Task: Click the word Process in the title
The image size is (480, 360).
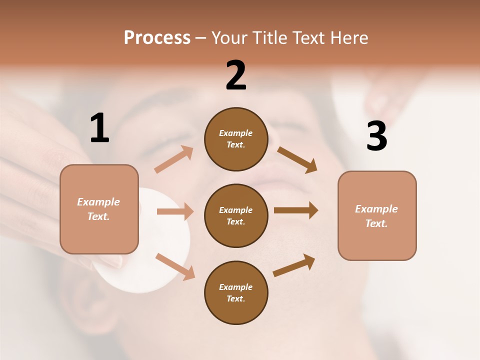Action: point(157,38)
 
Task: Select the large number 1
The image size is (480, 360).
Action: point(99,128)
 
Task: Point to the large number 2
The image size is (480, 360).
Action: point(236,75)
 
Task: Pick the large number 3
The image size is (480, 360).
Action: point(376,136)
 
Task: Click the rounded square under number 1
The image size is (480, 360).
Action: point(99,209)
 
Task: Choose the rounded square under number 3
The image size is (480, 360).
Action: point(377,215)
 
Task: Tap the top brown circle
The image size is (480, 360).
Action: point(236,139)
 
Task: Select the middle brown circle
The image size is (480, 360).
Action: point(236,215)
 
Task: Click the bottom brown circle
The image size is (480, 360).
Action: point(236,292)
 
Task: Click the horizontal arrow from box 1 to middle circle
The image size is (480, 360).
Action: point(175,211)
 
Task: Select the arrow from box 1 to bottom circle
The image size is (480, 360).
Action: point(175,266)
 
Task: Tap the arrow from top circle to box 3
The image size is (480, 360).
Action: point(297,159)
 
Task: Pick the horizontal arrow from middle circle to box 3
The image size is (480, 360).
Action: point(296,210)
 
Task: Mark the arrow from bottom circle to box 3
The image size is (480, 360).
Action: point(294,265)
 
